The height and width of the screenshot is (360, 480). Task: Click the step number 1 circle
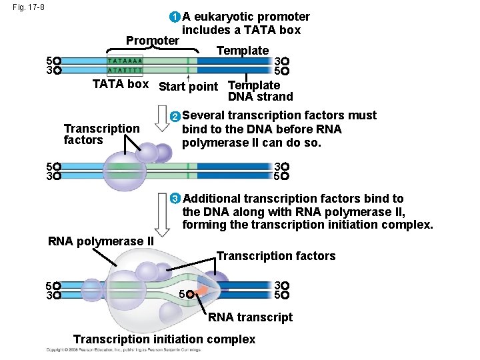[175, 17]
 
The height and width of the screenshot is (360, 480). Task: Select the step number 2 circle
[175, 117]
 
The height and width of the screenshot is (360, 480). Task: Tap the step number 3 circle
[175, 199]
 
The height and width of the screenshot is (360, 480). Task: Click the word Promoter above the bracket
[153, 41]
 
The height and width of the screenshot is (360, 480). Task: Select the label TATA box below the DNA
[120, 85]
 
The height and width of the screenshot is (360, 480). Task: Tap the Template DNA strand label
[259, 91]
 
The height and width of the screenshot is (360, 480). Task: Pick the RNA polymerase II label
[101, 241]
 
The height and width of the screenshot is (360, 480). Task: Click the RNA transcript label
[250, 317]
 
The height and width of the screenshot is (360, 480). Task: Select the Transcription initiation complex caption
[164, 339]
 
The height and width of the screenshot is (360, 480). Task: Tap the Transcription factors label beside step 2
[101, 134]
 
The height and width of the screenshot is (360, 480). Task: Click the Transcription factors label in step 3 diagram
[276, 256]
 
